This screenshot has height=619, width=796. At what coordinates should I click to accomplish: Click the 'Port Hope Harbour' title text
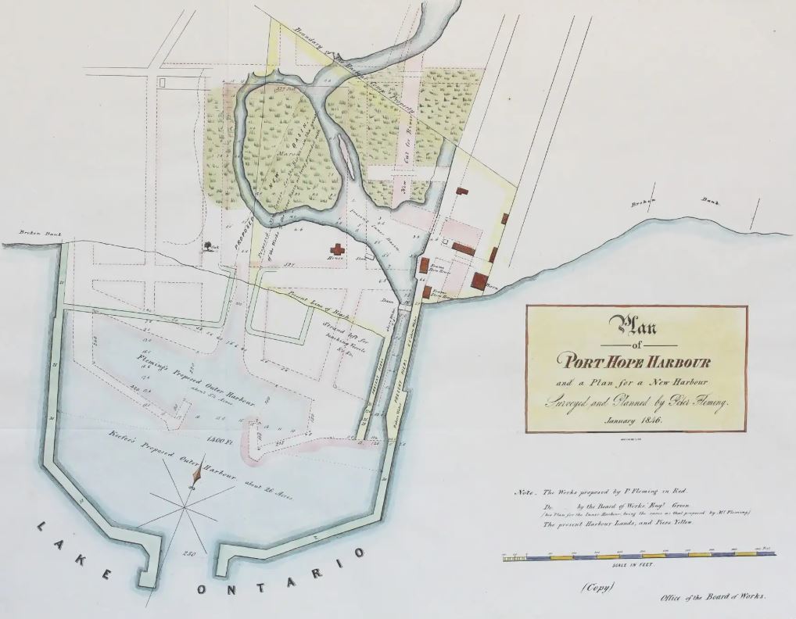point(634,361)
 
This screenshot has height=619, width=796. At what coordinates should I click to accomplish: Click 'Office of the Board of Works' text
point(712,597)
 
